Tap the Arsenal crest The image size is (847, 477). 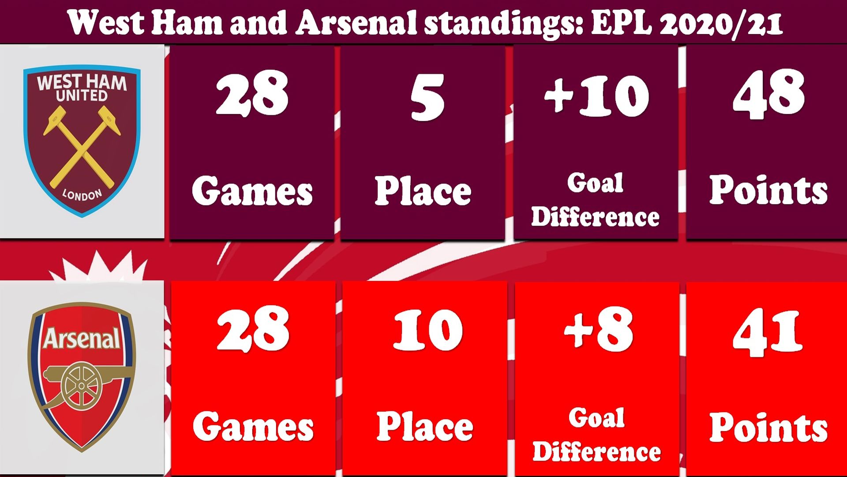tap(82, 377)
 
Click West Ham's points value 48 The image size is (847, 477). tap(768, 95)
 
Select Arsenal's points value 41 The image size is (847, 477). tap(768, 332)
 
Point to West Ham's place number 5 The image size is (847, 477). tap(427, 97)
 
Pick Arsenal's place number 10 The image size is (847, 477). tap(428, 330)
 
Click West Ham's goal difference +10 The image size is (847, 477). tap(596, 95)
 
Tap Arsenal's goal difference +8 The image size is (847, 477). tap(599, 329)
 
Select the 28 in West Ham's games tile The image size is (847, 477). tap(252, 94)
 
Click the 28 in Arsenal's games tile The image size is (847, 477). tap(253, 329)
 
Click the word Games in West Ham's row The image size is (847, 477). tap(252, 191)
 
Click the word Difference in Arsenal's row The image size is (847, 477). tap(596, 451)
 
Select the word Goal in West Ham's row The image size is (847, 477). tap(595, 183)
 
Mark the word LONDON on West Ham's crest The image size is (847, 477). tap(82, 195)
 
